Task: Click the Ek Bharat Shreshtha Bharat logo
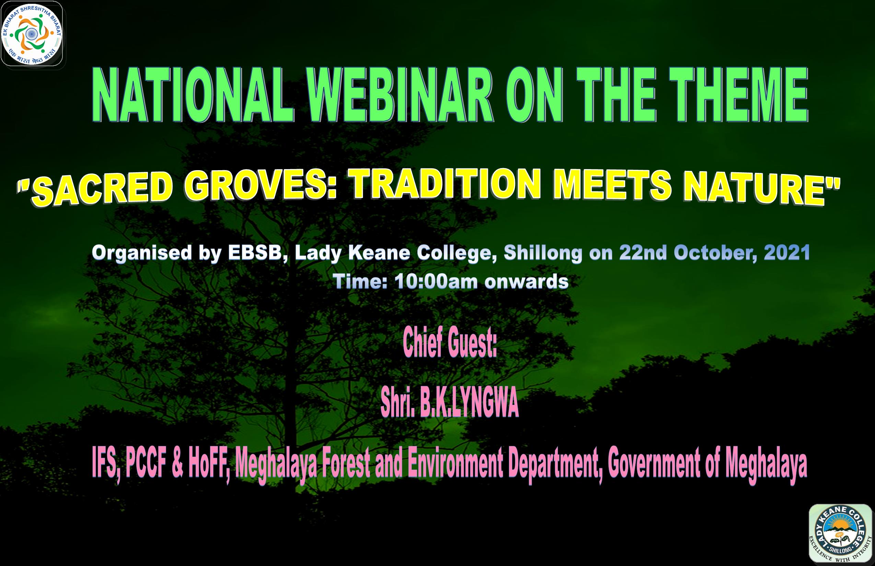[32, 34]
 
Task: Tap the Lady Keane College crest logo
[841, 535]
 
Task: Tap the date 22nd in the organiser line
[643, 253]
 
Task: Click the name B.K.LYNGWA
[469, 403]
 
